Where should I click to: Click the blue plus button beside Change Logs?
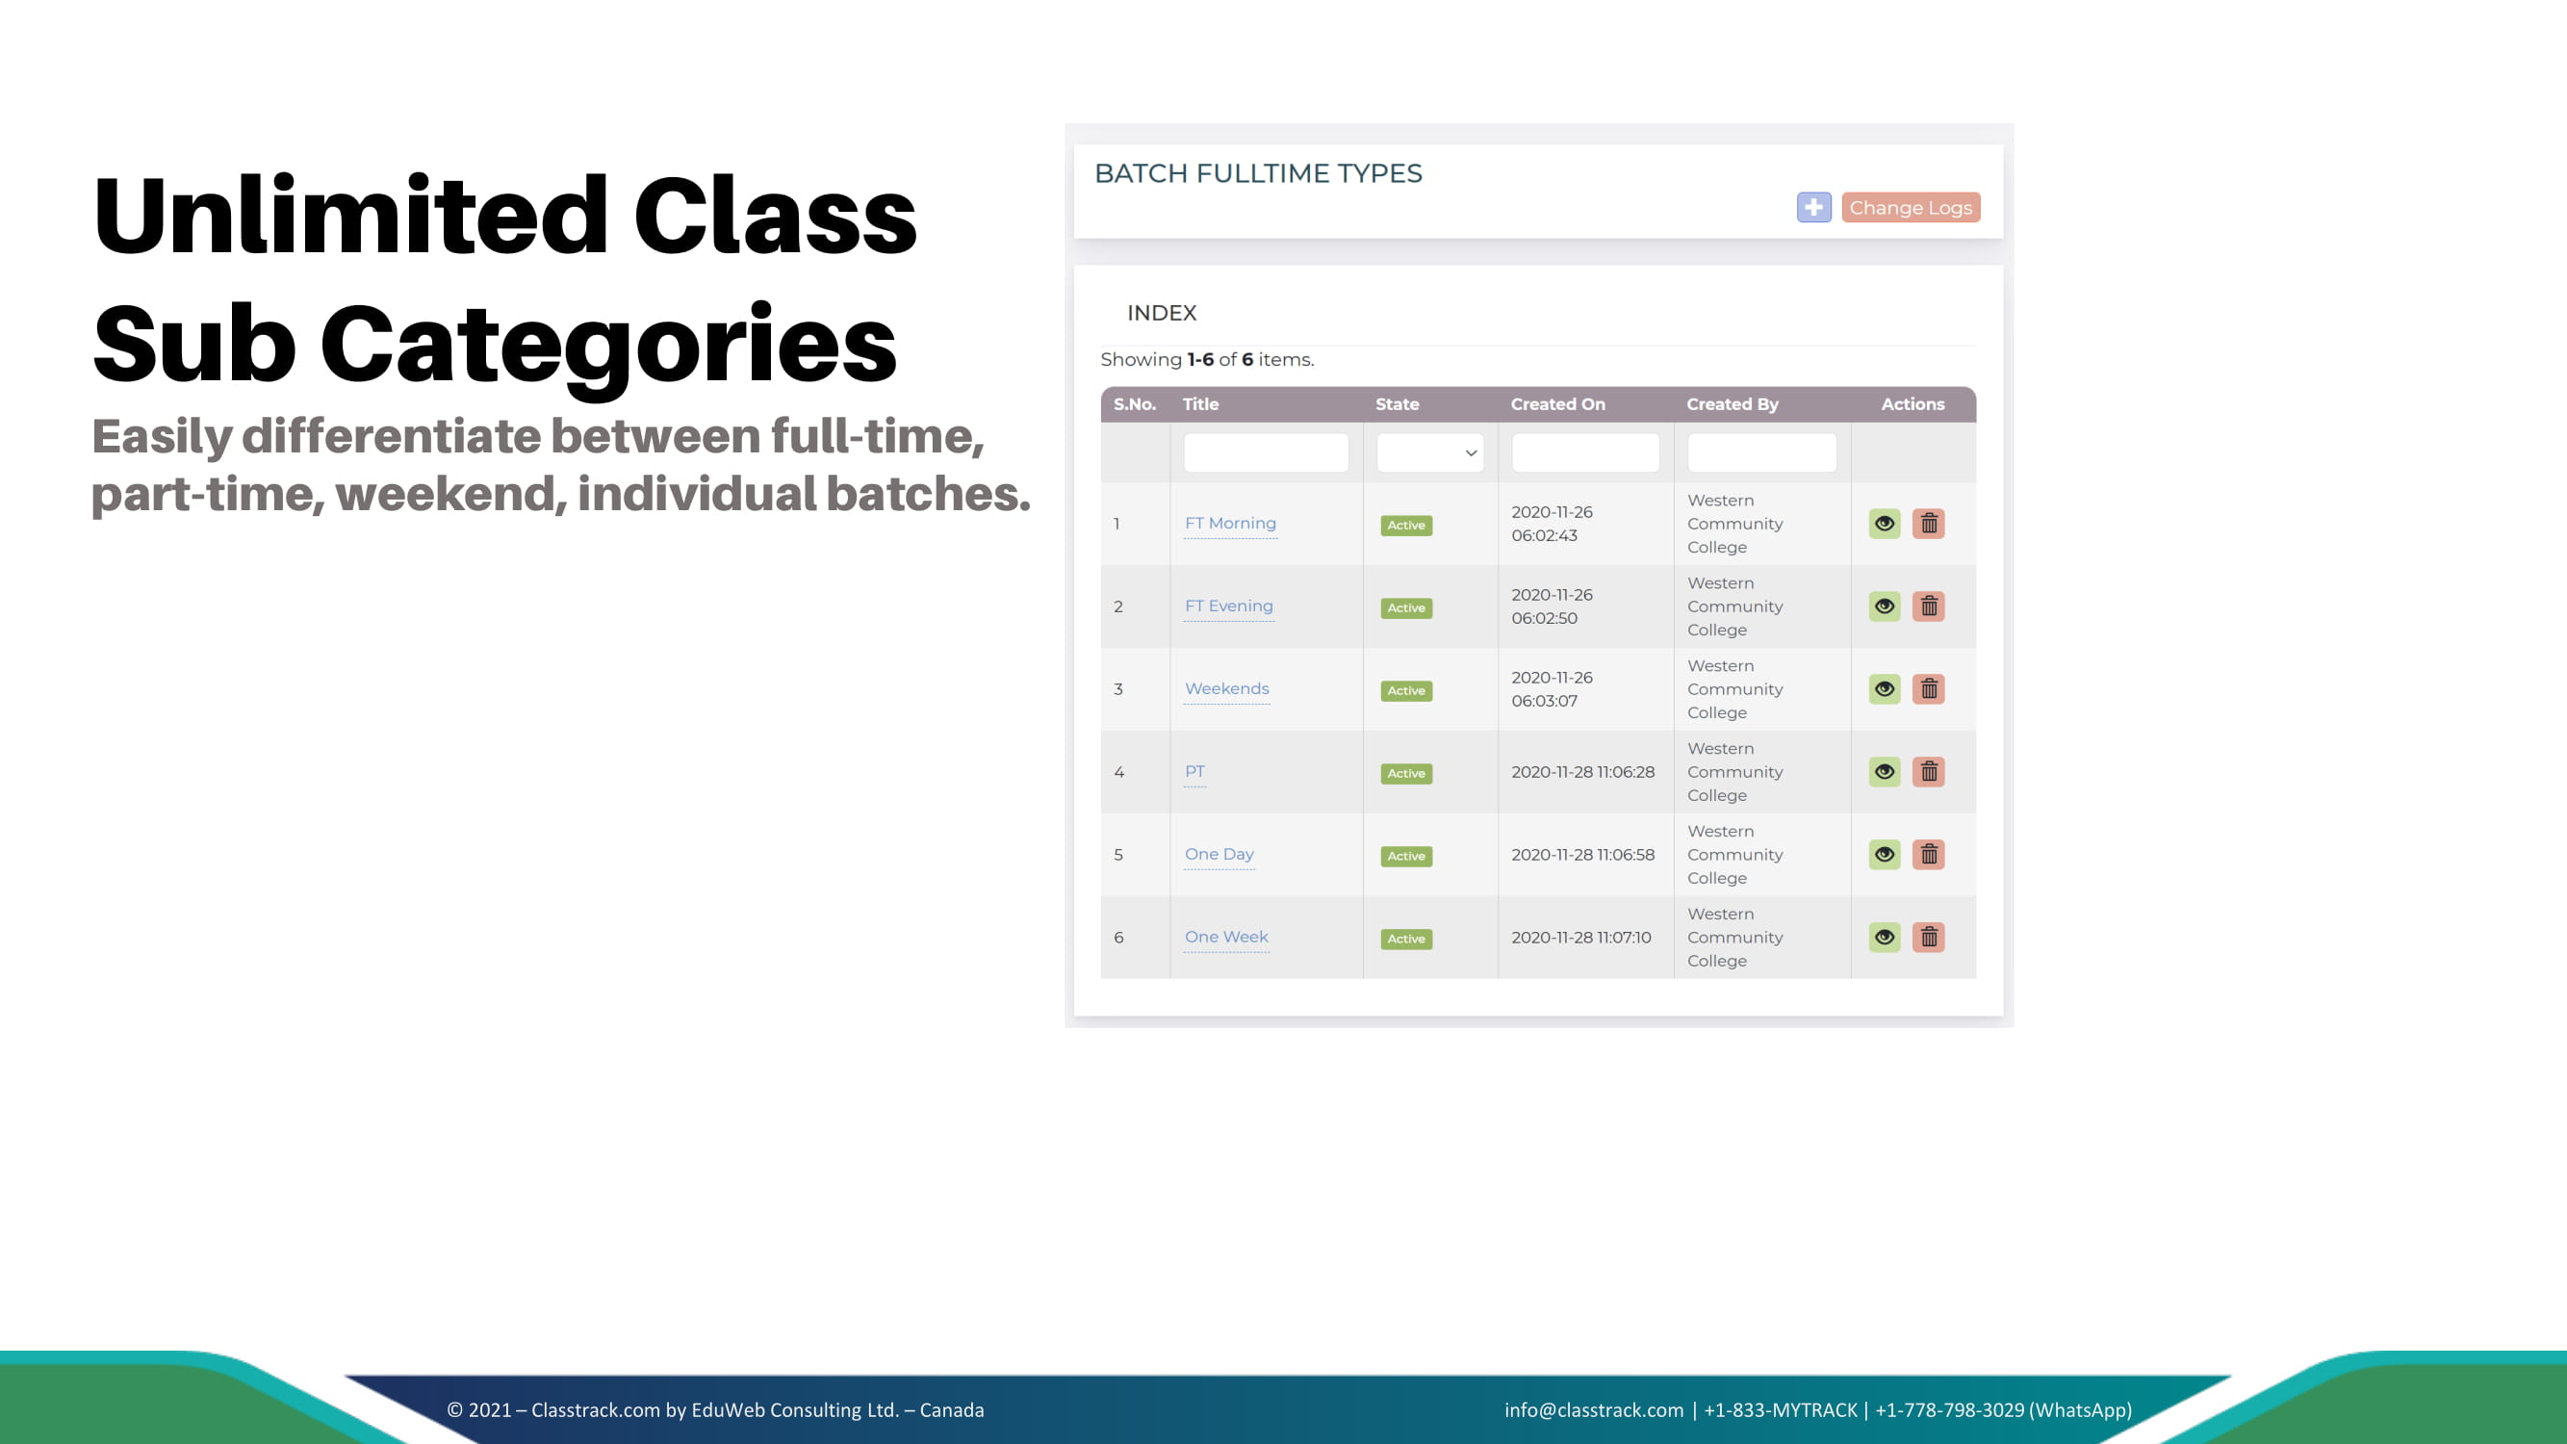click(1813, 207)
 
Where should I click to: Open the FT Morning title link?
click(1230, 523)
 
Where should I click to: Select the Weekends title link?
click(1226, 688)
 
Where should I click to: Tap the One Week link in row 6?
click(1225, 937)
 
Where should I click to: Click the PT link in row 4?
click(1194, 771)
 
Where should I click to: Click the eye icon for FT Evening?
click(1885, 606)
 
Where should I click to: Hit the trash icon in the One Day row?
click(1928, 854)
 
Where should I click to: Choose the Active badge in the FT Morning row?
click(1406, 526)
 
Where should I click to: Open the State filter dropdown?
click(1430, 452)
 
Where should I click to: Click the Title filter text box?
click(1266, 452)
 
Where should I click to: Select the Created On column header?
click(1557, 404)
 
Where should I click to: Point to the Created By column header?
click(1732, 404)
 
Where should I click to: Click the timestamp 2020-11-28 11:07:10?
click(1580, 938)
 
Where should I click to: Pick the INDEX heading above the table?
click(1161, 313)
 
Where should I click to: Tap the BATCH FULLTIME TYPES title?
click(1258, 173)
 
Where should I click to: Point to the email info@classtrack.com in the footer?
click(1593, 1410)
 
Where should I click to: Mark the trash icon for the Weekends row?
click(1928, 688)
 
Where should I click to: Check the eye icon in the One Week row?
click(1885, 937)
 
